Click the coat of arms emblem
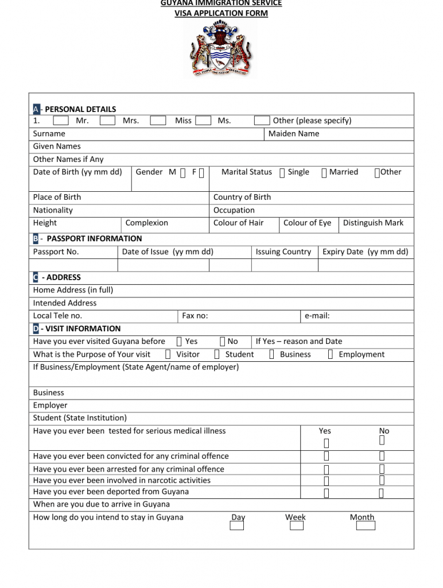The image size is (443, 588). (221, 49)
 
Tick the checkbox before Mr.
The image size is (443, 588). (61, 121)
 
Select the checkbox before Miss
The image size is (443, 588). (158, 121)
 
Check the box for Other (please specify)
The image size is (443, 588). (262, 121)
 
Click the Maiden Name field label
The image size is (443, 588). (294, 134)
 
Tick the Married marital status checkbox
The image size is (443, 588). (324, 172)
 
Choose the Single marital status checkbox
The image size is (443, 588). (282, 172)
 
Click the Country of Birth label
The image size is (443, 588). (242, 198)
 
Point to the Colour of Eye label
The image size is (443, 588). (307, 223)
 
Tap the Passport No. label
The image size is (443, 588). (56, 252)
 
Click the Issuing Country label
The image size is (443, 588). (283, 252)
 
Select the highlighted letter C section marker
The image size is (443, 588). (36, 277)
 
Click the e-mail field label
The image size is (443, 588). (317, 316)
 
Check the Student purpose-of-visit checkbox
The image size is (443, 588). (217, 355)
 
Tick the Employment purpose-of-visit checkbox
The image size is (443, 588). (331, 355)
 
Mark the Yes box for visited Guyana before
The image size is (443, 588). (180, 342)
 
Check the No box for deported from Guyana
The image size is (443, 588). (382, 493)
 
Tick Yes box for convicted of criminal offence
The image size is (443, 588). (326, 457)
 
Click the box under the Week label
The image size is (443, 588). (297, 525)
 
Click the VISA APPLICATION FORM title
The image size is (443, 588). (221, 13)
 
